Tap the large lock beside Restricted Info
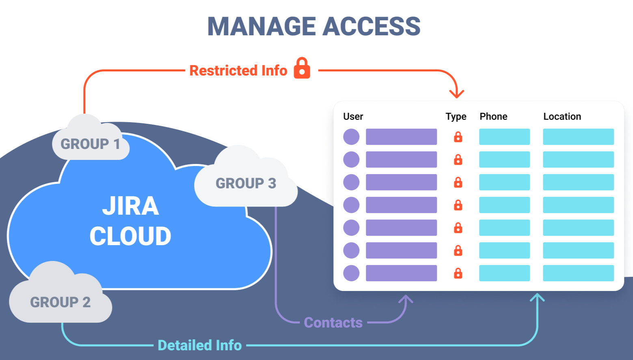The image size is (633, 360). point(302,68)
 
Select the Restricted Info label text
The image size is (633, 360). point(238,71)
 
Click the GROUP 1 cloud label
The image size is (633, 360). point(90,144)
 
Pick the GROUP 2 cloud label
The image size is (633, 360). point(60,302)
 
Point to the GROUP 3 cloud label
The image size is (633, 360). point(246,183)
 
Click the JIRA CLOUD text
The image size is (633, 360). point(130,221)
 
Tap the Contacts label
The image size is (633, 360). point(333,323)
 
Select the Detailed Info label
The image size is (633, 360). point(200,345)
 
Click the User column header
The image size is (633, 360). point(353,116)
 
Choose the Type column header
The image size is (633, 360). point(456,116)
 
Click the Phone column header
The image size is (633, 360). point(493,116)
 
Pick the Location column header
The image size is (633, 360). point(562,116)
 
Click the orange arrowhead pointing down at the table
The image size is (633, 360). point(457,94)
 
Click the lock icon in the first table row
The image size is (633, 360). point(458,137)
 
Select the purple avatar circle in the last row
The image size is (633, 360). point(351,273)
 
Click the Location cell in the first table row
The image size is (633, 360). point(578,137)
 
